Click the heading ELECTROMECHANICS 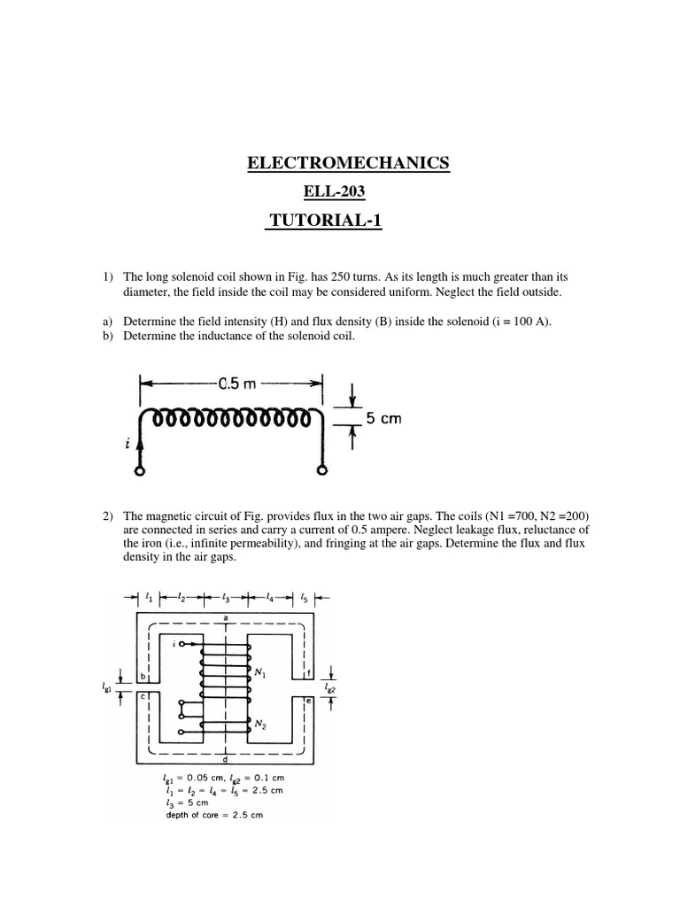coord(347,163)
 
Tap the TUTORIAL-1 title coord(324,221)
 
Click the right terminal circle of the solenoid coord(324,471)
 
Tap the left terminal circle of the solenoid coord(140,471)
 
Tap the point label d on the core coord(228,759)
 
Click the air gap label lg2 coord(329,687)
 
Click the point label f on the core coord(305,671)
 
